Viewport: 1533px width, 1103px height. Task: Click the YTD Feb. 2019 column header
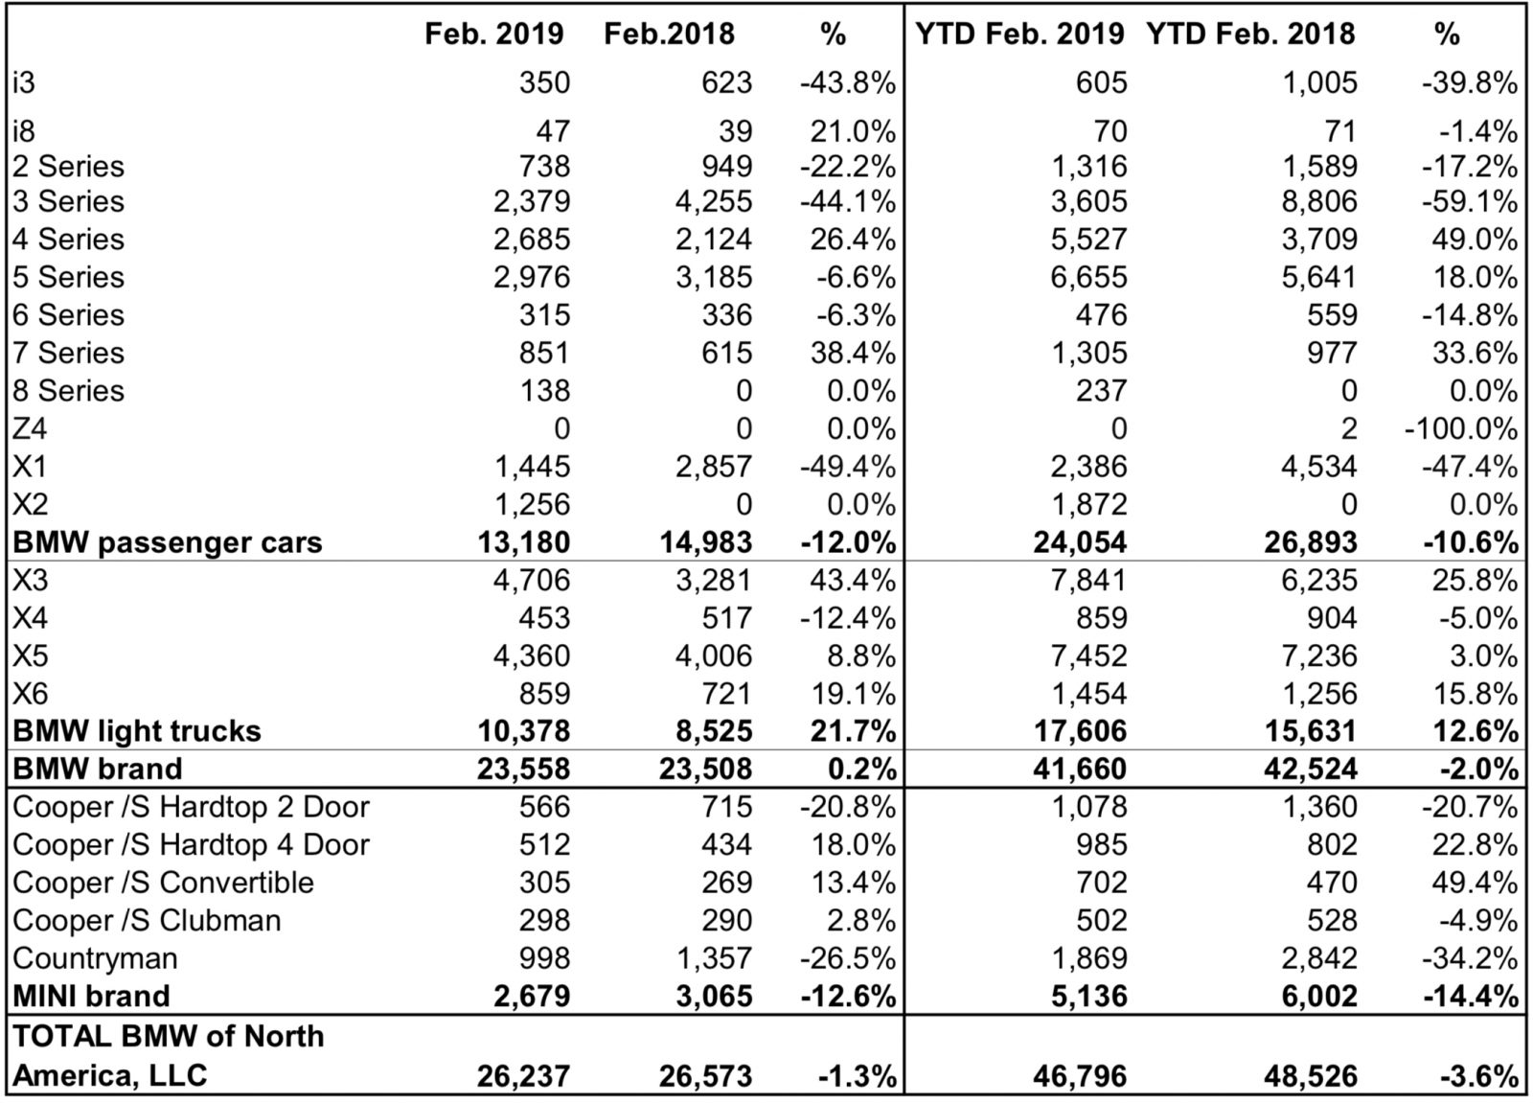[x=1019, y=34]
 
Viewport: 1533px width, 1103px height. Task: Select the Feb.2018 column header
[x=669, y=34]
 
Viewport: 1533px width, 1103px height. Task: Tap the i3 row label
[x=23, y=82]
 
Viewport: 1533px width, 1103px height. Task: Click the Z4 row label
[x=30, y=428]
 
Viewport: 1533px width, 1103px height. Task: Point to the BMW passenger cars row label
[x=167, y=543]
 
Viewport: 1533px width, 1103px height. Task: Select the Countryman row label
[x=95, y=958]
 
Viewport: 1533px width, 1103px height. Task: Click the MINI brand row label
[x=91, y=997]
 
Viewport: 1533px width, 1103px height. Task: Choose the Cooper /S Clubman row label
[x=147, y=920]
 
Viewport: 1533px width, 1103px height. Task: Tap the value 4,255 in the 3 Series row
[x=714, y=202]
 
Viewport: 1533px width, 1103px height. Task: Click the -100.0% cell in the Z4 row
[x=1461, y=429]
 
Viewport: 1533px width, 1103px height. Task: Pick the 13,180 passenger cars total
[x=523, y=543]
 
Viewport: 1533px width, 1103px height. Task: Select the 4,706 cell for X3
[x=532, y=581]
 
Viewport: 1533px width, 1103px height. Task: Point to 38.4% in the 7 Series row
[x=853, y=354]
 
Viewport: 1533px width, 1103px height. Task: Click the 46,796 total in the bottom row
[x=1080, y=1076]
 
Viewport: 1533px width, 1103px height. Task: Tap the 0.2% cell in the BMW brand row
[x=861, y=769]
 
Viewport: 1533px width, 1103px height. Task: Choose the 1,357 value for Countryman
[x=714, y=958]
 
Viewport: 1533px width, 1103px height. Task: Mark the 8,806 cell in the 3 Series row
[x=1318, y=202]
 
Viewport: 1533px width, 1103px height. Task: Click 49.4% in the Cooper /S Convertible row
[x=1475, y=883]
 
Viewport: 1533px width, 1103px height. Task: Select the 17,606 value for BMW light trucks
[x=1080, y=731]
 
